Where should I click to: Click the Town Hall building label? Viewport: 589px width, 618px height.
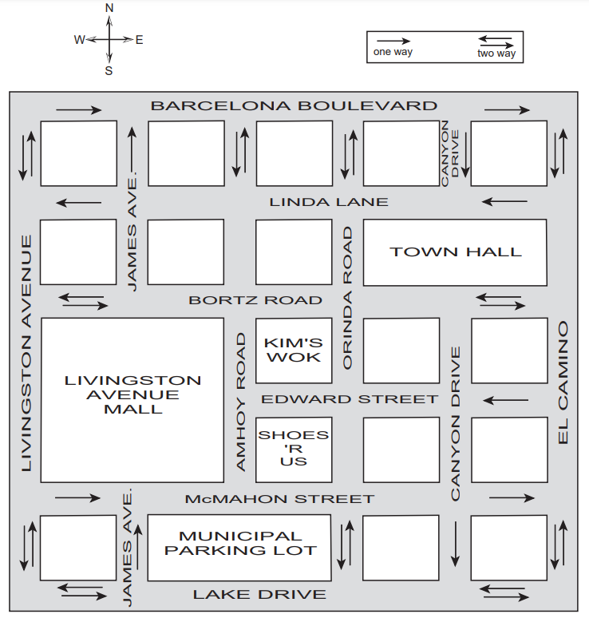[456, 252]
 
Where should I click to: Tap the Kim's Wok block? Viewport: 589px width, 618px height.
[294, 351]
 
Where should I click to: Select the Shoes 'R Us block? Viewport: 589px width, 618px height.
[294, 450]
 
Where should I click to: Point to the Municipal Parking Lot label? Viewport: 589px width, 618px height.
[240, 543]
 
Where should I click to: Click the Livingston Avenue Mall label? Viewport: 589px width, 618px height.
[132, 394]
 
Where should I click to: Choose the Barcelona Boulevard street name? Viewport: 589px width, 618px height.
[294, 105]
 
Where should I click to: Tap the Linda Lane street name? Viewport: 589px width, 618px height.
[329, 202]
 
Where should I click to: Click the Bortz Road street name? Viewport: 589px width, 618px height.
[255, 300]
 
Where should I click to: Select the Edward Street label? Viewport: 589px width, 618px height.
[350, 399]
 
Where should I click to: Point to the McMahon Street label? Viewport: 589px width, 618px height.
[279, 499]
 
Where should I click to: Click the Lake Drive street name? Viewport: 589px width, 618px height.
[259, 594]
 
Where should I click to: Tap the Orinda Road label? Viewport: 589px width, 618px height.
[347, 298]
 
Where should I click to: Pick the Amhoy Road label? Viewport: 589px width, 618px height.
[241, 402]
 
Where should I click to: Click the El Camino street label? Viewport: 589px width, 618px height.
[563, 382]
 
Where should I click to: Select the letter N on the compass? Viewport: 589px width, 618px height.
[109, 8]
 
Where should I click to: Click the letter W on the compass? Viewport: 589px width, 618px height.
[79, 40]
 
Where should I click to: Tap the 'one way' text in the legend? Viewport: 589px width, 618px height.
[393, 52]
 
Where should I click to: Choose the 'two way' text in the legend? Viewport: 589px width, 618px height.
[496, 53]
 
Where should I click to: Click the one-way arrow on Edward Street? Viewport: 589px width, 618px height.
[505, 401]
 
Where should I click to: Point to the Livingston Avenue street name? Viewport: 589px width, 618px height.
[26, 353]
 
